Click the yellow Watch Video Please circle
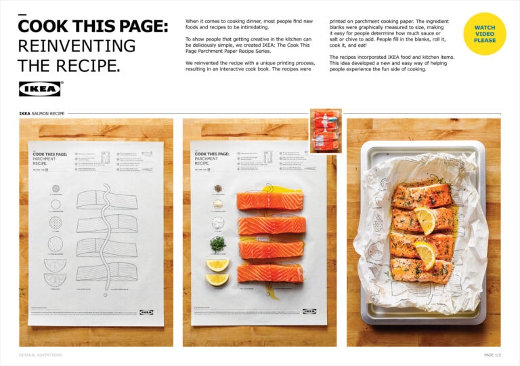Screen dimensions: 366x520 point(484,34)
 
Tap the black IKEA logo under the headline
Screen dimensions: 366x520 point(41,89)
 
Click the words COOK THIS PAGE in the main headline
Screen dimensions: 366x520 point(93,26)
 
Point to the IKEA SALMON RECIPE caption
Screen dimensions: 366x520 point(42,114)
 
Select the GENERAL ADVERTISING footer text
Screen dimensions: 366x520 point(40,354)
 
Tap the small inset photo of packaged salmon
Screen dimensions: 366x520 point(326,131)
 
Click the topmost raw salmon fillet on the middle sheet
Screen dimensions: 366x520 point(269,200)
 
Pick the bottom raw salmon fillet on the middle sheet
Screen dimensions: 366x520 point(269,272)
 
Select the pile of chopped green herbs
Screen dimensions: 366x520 point(218,243)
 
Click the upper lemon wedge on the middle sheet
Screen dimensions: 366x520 point(217,264)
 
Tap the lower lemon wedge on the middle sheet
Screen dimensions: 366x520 point(217,279)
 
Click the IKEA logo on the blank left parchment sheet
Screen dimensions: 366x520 point(146,312)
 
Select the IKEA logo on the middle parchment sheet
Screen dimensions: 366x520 point(309,312)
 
